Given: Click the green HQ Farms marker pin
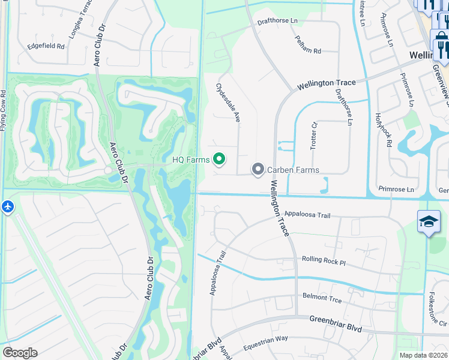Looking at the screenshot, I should pos(220,159).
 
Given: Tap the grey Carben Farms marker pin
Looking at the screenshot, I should pos(258,170).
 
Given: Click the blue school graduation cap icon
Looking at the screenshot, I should pos(429,221).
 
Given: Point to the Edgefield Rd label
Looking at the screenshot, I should pos(46,46).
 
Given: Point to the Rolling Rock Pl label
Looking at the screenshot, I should pos(325,262).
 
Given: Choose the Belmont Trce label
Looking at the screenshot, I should pos(322,297).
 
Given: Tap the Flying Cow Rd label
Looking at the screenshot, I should pos(4,110).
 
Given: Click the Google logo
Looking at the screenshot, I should pos(20,352).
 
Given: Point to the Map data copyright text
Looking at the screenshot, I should pos(423,355).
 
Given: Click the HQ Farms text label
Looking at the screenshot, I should pos(190,160).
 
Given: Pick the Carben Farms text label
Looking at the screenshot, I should pos(293,170).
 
